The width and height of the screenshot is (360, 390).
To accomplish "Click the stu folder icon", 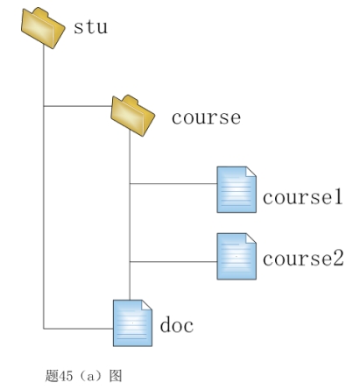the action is [43, 28].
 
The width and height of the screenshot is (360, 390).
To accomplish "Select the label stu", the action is [90, 27].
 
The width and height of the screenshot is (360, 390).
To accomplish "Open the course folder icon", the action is [132, 116].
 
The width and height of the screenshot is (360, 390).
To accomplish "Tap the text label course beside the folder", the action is [206, 117].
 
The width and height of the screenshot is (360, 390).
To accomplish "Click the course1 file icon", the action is [236, 189].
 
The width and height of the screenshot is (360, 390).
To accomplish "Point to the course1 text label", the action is [302, 197].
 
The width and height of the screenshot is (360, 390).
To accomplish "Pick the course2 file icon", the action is [236, 256].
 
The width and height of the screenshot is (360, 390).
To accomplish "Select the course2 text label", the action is [303, 259].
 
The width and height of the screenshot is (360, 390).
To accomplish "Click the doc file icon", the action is [132, 323].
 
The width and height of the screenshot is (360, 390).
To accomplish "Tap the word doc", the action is [177, 324].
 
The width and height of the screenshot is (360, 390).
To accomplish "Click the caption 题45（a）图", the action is [83, 375].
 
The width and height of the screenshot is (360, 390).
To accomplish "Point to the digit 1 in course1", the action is [338, 197].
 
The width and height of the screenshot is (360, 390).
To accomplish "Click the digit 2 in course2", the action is [338, 258].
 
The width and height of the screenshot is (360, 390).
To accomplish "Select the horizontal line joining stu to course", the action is [78, 106].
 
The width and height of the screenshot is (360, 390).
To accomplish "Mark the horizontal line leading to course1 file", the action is [173, 184].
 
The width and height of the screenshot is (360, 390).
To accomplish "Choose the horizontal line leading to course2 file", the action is [173, 262].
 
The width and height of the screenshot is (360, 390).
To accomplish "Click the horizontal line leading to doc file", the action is [78, 329].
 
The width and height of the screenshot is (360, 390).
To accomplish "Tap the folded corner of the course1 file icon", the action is [251, 172].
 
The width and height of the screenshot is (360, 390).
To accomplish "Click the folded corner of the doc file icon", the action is [147, 305].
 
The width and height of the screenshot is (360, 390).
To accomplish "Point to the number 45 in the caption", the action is [66, 376].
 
